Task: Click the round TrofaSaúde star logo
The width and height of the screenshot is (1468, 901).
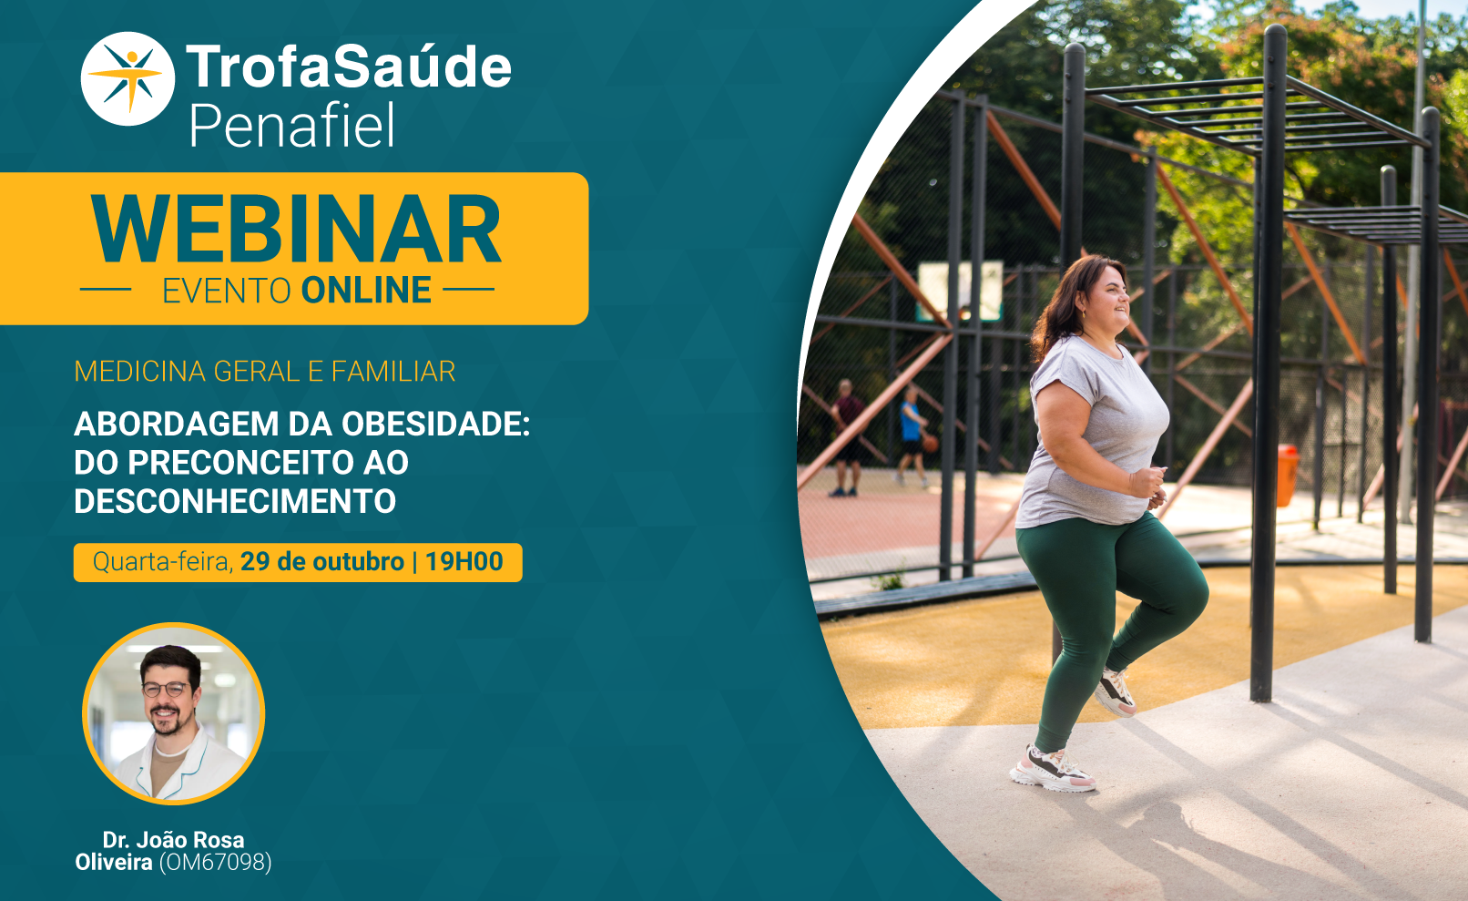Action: click(x=127, y=78)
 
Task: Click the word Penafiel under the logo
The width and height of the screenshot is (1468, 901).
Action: click(x=292, y=125)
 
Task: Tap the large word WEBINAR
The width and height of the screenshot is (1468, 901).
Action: click(x=296, y=230)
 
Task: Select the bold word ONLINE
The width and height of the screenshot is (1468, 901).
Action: click(x=366, y=290)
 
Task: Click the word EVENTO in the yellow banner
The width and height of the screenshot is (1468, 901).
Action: click(x=227, y=291)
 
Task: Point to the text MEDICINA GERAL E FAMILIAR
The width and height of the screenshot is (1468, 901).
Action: click(x=265, y=372)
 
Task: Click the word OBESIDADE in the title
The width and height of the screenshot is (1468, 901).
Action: click(x=436, y=425)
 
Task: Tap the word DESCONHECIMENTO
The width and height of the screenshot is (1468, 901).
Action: click(x=235, y=501)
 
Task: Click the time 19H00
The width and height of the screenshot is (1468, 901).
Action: click(x=464, y=562)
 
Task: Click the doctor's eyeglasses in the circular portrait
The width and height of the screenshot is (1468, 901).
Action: click(x=165, y=690)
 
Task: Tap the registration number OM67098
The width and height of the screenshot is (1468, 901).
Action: click(x=216, y=863)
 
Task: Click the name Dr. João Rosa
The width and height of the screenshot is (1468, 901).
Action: click(x=174, y=840)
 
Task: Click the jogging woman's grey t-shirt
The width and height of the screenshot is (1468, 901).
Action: click(x=1092, y=433)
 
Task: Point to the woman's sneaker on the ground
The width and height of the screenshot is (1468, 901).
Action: click(x=1051, y=769)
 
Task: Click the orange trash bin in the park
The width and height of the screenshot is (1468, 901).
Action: click(x=1287, y=476)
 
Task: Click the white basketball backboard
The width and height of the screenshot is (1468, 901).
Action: click(x=961, y=292)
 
